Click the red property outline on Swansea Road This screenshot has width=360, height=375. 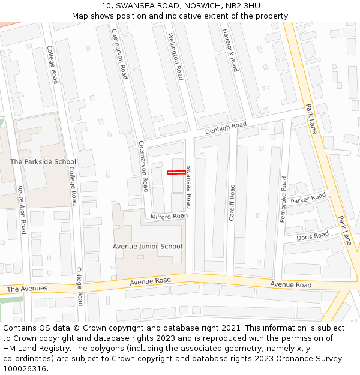coord(176,173)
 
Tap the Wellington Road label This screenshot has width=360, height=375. coord(175,56)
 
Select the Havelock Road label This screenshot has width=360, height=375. coord(230,50)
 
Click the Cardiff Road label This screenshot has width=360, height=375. coord(232,203)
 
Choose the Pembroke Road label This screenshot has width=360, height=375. coord(284,200)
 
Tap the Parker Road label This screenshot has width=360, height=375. coord(308,199)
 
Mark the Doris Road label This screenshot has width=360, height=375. coord(313,236)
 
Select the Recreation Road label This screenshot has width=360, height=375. coord(22,209)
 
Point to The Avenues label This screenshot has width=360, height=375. coord(27,289)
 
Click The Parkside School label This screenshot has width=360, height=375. coord(43,161)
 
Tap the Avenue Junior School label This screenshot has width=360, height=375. coord(148,247)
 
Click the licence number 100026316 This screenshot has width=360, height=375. coord(25,368)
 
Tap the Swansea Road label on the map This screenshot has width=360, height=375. coord(188,187)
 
